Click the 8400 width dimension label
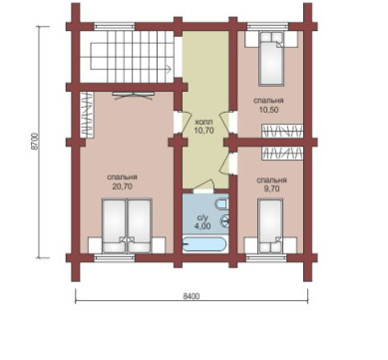(x=192, y=296)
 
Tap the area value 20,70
(x=123, y=186)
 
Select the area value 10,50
(x=268, y=110)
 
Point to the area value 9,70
(x=271, y=188)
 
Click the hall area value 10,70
(x=203, y=131)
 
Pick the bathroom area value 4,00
(x=202, y=226)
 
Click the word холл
(x=203, y=122)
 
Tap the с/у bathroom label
(x=202, y=218)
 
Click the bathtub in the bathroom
(x=204, y=245)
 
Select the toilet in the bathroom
(x=222, y=203)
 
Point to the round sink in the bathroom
(x=225, y=220)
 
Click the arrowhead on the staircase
(x=170, y=69)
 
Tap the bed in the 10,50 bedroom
(x=271, y=59)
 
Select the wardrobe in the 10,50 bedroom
(x=282, y=131)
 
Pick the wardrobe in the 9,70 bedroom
(x=282, y=153)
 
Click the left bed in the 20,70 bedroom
(x=115, y=226)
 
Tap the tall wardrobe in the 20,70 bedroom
(x=87, y=114)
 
